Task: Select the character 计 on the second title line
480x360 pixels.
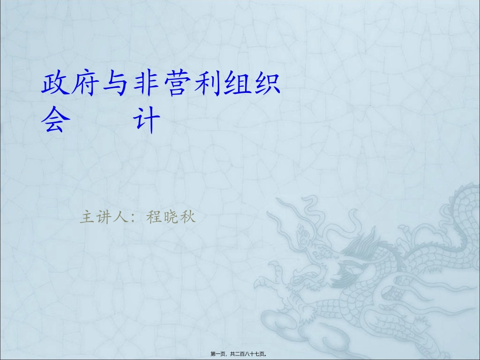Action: [x=147, y=121]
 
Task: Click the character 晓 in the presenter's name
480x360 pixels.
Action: [x=170, y=218]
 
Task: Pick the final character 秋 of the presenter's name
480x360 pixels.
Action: [x=187, y=218]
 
